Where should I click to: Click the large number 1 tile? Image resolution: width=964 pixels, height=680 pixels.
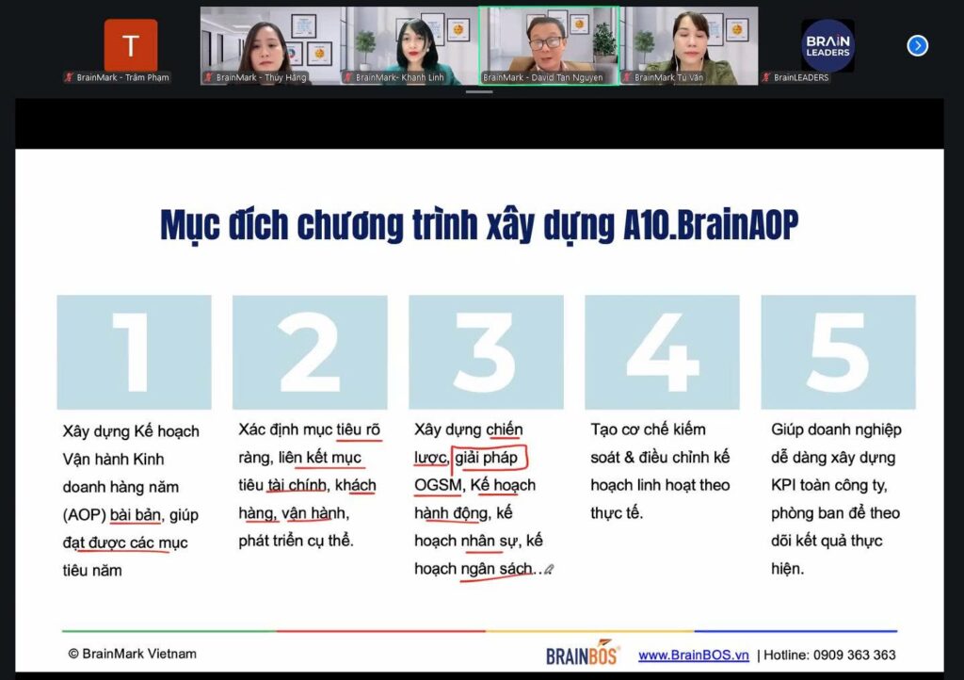(x=134, y=352)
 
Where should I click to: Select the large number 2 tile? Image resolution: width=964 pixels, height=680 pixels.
(x=310, y=352)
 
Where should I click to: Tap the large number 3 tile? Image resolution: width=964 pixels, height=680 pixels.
(x=486, y=352)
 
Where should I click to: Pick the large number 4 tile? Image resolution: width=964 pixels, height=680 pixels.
(x=662, y=352)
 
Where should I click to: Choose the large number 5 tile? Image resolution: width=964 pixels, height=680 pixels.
(x=839, y=352)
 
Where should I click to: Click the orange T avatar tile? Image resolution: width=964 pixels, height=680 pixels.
(x=131, y=45)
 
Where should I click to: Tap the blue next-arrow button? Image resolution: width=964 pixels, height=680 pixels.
(x=917, y=45)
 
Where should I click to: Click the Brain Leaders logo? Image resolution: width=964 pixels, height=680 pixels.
(x=827, y=45)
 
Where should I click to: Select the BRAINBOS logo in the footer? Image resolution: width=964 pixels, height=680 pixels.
(x=582, y=653)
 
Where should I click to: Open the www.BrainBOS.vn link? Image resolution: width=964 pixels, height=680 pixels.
(x=694, y=656)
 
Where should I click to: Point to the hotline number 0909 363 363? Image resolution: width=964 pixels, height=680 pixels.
(x=854, y=656)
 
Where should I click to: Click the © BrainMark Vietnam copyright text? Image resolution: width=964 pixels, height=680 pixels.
(x=132, y=654)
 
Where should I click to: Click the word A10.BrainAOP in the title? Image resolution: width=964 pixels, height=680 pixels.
(x=711, y=225)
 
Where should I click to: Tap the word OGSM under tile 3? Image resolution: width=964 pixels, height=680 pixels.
(x=438, y=485)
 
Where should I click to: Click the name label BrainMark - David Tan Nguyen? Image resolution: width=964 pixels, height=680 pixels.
(x=543, y=77)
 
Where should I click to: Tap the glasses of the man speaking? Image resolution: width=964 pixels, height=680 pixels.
(x=545, y=42)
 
